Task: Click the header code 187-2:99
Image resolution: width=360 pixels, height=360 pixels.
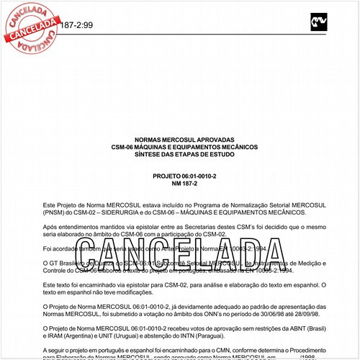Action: [x=78, y=24]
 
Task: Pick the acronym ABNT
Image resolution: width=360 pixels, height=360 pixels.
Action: [x=293, y=330]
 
